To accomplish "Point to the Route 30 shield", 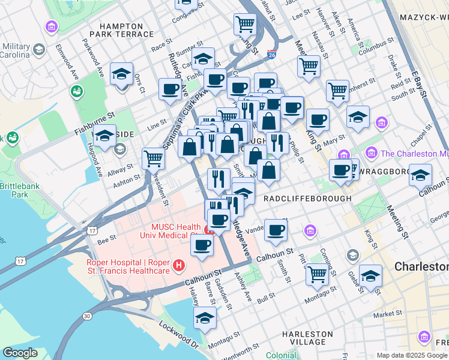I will point(88,315).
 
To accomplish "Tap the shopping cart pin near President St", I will point(154,158).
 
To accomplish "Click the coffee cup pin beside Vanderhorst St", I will point(276,230).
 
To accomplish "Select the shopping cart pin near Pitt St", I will point(317,274).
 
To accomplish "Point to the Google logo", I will point(20,353).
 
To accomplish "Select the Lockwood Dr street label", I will point(178,335).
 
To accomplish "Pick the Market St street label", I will point(387,314).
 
